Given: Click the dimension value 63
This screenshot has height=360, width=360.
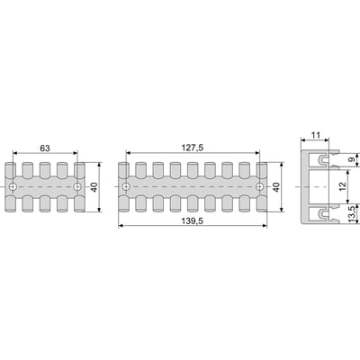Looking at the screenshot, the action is click(x=45, y=148).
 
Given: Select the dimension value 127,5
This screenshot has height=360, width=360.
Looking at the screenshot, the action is click(x=193, y=148).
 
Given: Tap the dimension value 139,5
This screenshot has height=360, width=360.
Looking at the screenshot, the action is click(x=193, y=221).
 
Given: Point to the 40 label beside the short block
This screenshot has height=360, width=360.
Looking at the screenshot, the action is click(x=94, y=187).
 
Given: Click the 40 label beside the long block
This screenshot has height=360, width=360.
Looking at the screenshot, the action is click(x=276, y=187).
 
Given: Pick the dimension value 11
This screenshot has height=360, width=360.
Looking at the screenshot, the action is click(x=315, y=135).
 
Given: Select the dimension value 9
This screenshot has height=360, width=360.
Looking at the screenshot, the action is click(x=352, y=159).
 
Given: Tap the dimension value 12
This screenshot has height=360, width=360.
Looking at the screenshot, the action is click(x=343, y=186).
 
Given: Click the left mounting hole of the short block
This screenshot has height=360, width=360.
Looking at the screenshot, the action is click(x=13, y=187).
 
